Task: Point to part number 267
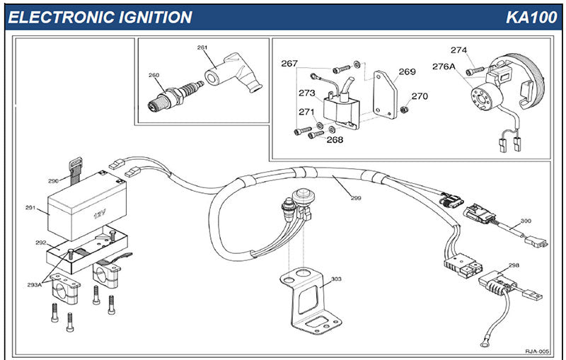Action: [x=289, y=64]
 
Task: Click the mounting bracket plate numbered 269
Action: [x=384, y=95]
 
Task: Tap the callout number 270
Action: [x=420, y=97]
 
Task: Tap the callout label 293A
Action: [x=34, y=284]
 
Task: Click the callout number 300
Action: [x=525, y=221]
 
